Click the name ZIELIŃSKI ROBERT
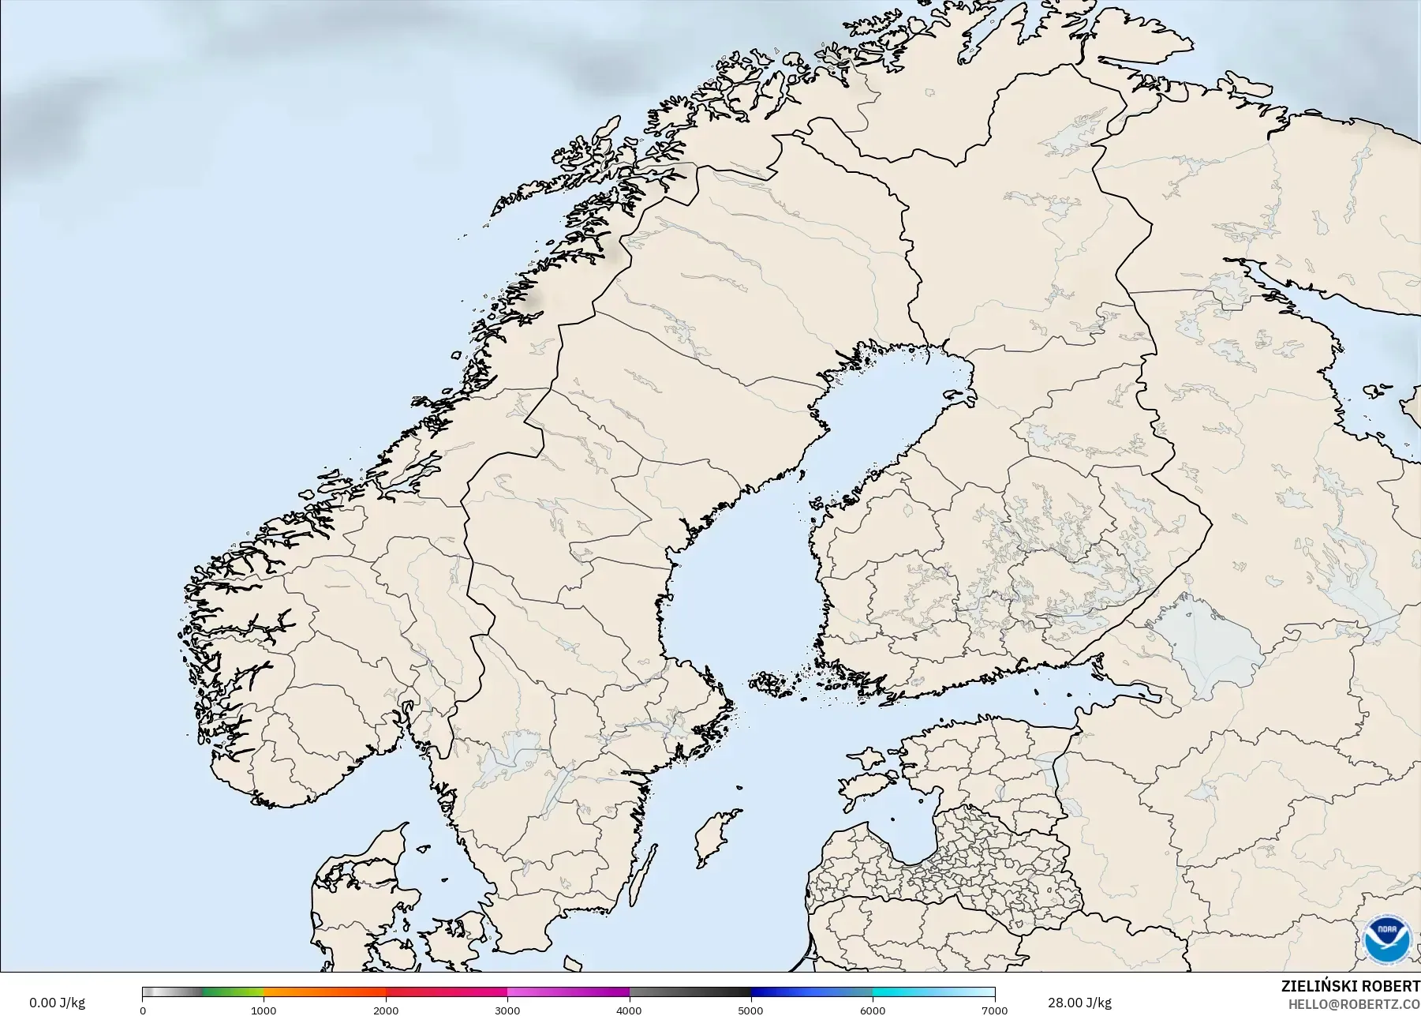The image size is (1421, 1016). coord(1350,987)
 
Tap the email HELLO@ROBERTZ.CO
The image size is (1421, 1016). coord(1354,1004)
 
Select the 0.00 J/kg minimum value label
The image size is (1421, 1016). coord(57,1003)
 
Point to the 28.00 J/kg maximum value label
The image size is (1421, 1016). coord(1079,1003)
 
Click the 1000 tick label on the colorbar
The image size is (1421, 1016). coord(264,1010)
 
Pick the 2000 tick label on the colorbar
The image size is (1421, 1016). coord(386,1010)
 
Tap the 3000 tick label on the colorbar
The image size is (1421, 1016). coord(507,1010)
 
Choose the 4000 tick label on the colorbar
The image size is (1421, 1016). coord(629,1010)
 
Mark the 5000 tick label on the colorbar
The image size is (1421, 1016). coord(750,1010)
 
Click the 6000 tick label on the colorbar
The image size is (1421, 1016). coord(873,1010)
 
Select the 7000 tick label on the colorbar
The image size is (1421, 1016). coord(994,1010)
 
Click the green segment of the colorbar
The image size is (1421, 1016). coord(233,992)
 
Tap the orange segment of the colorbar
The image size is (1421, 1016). coord(323,992)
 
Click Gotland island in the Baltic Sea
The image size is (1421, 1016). coord(714,837)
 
